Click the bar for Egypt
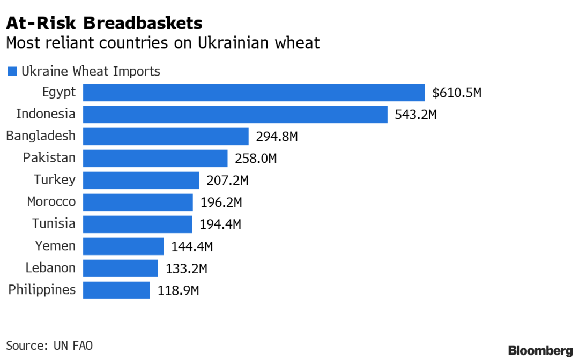[254, 93]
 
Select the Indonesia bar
[235, 115]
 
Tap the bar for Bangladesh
[166, 137]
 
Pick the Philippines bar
[116, 290]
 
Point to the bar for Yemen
[123, 246]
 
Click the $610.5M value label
[457, 93]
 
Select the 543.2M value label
[415, 115]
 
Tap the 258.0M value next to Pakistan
[256, 159]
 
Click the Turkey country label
[55, 180]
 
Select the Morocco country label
[51, 202]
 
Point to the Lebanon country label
[50, 268]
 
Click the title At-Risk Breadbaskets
[104, 24]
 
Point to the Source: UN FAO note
[46, 346]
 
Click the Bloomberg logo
[540, 351]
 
